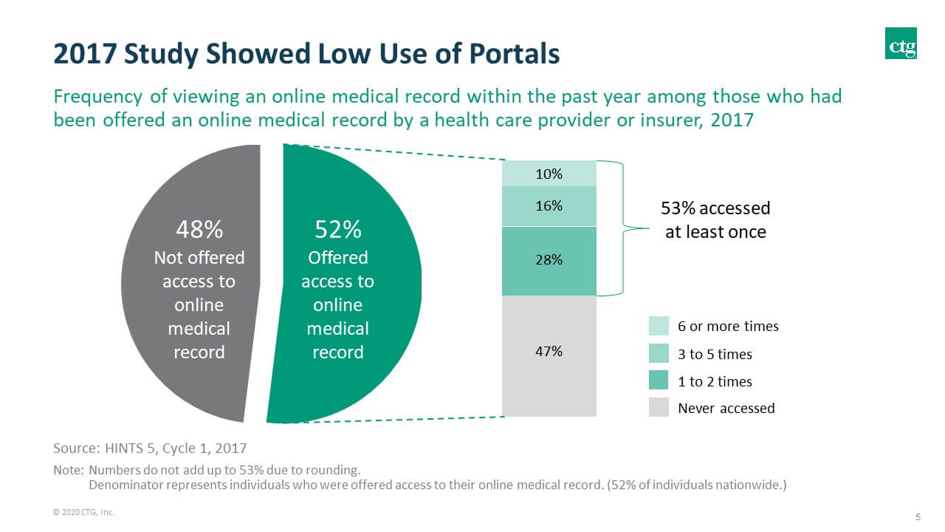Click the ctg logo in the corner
[901, 43]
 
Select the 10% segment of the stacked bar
[549, 174]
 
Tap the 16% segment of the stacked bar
[549, 206]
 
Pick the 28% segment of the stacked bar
[549, 260]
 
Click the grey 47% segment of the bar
[549, 355]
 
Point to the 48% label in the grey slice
[199, 230]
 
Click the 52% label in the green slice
[337, 230]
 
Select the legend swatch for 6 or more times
[659, 326]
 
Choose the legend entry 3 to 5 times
[714, 354]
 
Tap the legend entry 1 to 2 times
[714, 381]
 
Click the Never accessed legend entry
[725, 408]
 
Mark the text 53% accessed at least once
[715, 220]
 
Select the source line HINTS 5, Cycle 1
[150, 448]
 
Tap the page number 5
[918, 516]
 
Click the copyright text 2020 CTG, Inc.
[83, 511]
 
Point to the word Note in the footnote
[68, 470]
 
